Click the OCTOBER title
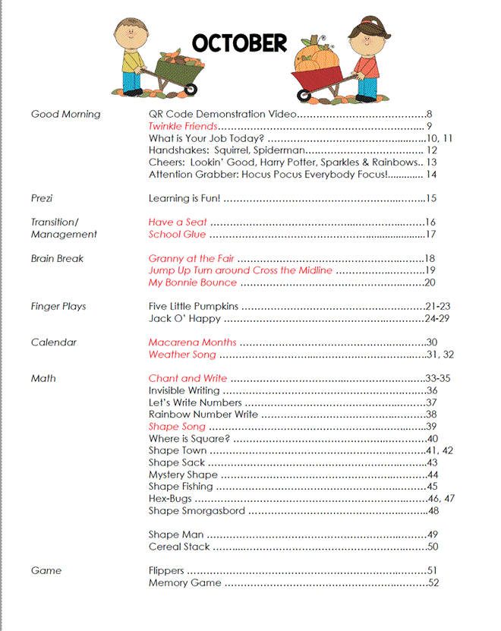(x=239, y=43)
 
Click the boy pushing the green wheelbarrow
(x=131, y=50)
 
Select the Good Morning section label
(x=65, y=114)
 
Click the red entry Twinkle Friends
(x=183, y=126)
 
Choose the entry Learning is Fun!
(x=184, y=198)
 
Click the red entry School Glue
(x=175, y=235)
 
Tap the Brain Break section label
(x=57, y=258)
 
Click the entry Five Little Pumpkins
(x=194, y=306)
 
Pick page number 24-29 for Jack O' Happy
(x=437, y=318)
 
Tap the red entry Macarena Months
(x=192, y=342)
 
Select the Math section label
(x=43, y=378)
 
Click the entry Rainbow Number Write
(x=203, y=415)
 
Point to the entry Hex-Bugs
(x=170, y=499)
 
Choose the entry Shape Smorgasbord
(x=197, y=511)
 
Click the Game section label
(x=46, y=570)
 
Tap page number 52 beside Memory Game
(x=433, y=582)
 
